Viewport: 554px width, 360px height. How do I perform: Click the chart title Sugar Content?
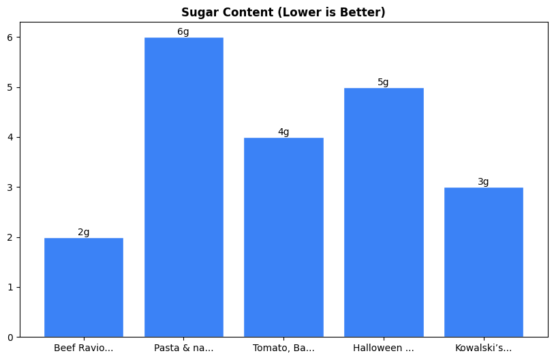coord(283,12)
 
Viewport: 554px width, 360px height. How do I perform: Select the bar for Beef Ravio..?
coord(84,287)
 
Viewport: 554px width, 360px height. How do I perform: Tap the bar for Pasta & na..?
coord(183,187)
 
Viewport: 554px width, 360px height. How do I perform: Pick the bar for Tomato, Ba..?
coord(283,237)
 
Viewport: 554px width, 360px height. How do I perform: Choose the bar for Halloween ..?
coord(384,212)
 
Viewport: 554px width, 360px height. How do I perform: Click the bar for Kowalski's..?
coord(483,262)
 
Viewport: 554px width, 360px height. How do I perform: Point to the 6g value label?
coord(183,32)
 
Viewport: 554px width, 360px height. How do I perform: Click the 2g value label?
coord(84,232)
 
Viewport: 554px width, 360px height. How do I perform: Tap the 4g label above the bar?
coord(283,132)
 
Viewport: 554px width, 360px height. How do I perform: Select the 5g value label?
coord(384,82)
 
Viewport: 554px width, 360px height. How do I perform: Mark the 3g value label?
coord(483,182)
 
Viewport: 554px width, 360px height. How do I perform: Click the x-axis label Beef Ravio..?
coord(84,348)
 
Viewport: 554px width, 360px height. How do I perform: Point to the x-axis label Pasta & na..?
coord(183,348)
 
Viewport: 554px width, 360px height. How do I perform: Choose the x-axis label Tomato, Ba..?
coord(283,348)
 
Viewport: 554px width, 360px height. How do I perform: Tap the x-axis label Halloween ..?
coord(384,348)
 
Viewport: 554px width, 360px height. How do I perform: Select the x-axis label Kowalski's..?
coord(483,348)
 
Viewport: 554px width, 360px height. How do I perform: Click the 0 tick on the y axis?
coord(10,337)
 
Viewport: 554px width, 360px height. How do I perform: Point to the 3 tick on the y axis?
coord(10,187)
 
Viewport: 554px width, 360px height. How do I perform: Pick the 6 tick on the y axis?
coord(10,37)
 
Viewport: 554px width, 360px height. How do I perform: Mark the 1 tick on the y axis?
coord(10,287)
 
